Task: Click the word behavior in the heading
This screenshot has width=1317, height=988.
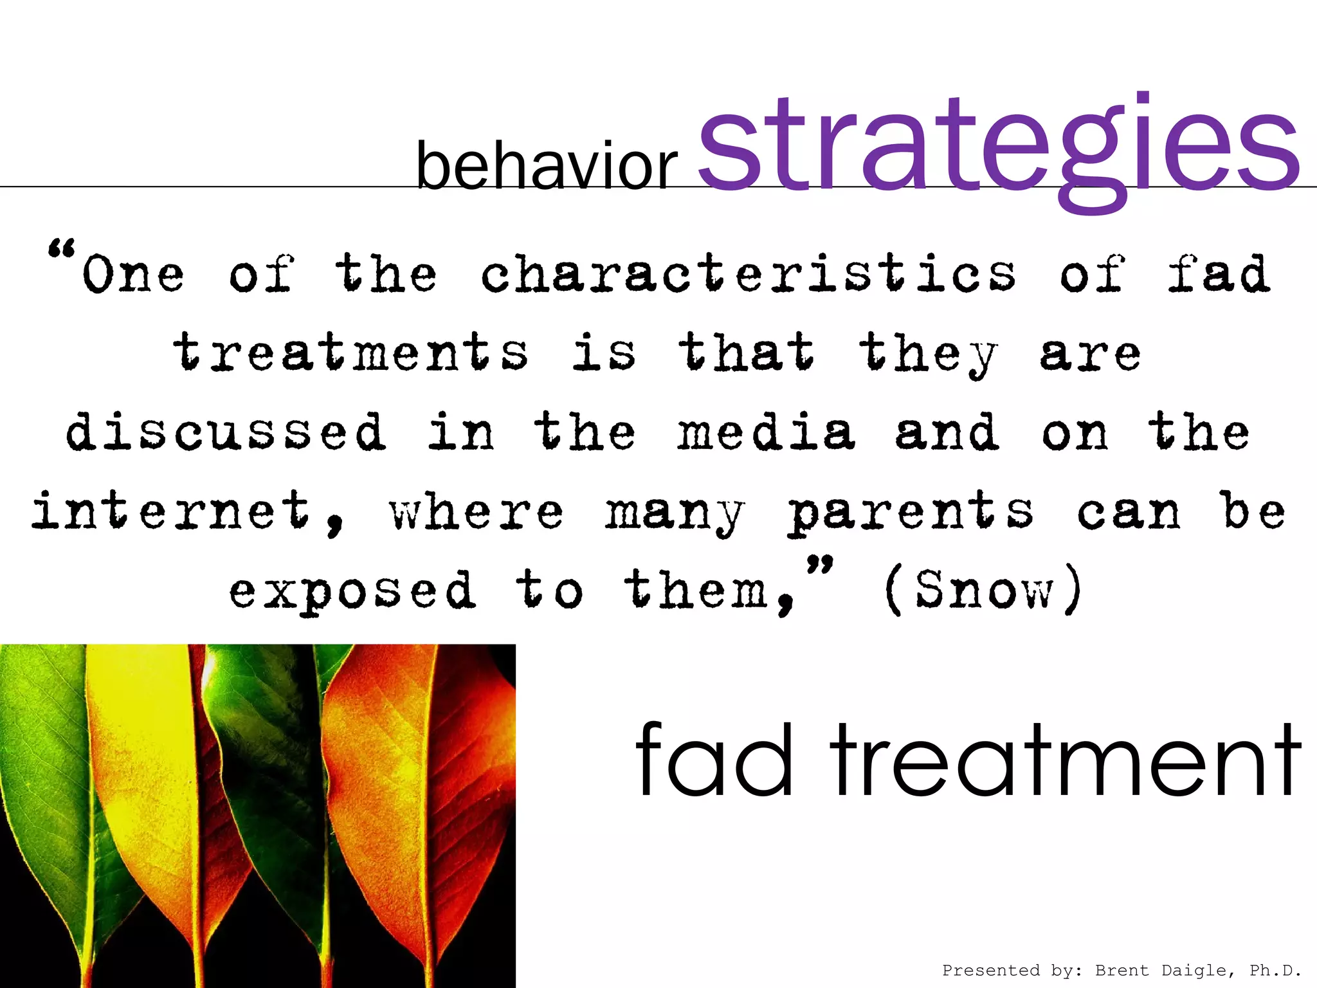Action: [x=547, y=166]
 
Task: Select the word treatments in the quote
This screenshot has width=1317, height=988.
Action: [x=350, y=352]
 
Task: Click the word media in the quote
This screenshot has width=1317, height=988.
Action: [x=766, y=432]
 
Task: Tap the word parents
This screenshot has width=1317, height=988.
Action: [x=911, y=512]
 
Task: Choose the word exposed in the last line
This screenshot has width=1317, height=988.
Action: [x=352, y=590]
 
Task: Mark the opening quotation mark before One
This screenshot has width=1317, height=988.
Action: [x=62, y=248]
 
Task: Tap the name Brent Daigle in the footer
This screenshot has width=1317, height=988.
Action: [x=1164, y=970]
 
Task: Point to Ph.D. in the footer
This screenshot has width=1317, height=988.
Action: [x=1275, y=970]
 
